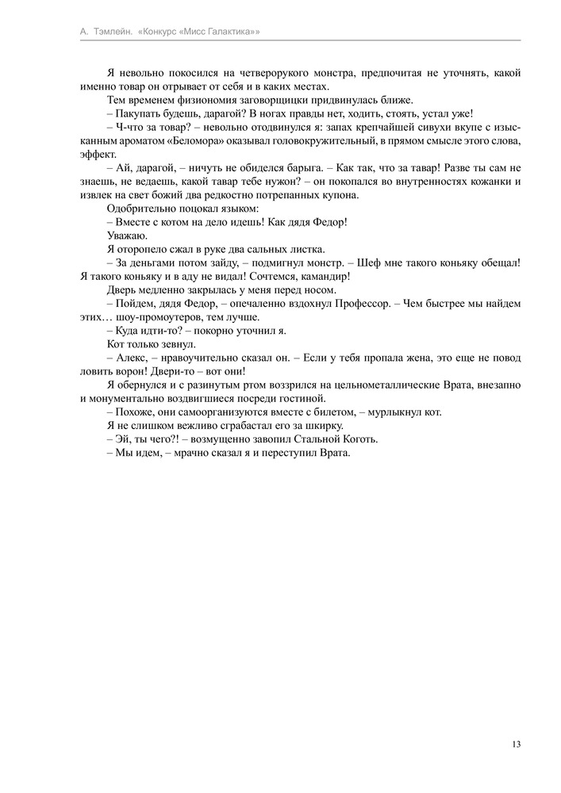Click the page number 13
[516, 744]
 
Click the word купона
[340, 195]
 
